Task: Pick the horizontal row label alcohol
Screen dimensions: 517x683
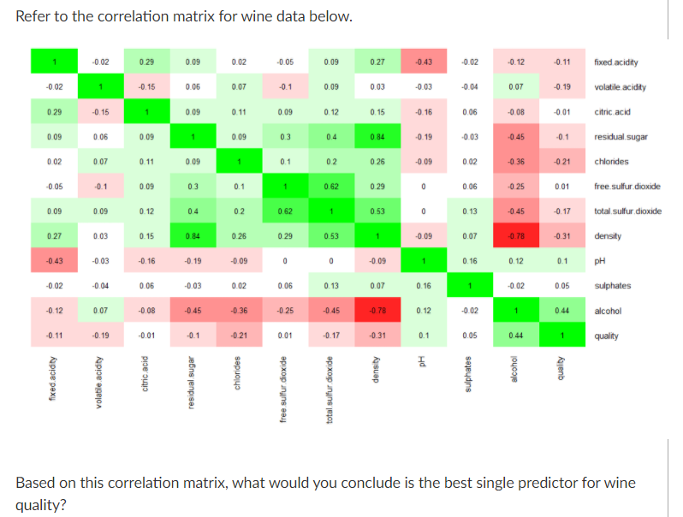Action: [607, 311]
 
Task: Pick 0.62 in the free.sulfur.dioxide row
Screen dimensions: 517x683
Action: [330, 187]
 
